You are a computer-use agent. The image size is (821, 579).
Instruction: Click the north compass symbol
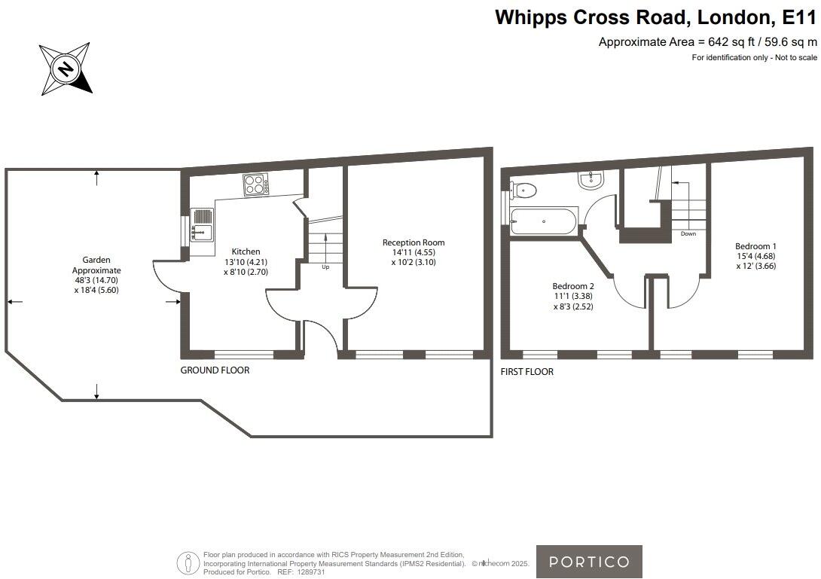click(x=66, y=70)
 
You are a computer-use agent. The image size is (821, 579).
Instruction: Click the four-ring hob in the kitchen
click(x=255, y=184)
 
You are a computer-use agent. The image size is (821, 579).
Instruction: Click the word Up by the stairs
click(x=325, y=267)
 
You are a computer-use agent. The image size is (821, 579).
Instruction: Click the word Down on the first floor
click(x=688, y=234)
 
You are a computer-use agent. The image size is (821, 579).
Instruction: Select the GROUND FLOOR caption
click(x=215, y=370)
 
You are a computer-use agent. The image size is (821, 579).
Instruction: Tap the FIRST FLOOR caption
click(x=526, y=372)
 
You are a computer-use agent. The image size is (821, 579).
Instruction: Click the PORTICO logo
click(x=589, y=562)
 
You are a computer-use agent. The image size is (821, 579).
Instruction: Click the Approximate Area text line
click(x=707, y=42)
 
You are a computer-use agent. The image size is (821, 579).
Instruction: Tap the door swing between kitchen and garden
click(x=167, y=276)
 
